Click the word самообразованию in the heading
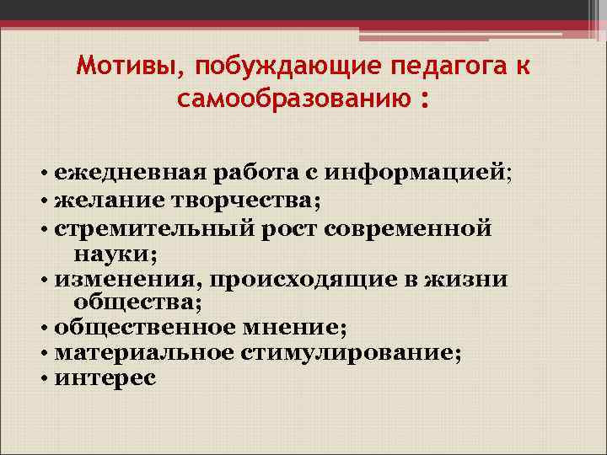[x=291, y=100]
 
